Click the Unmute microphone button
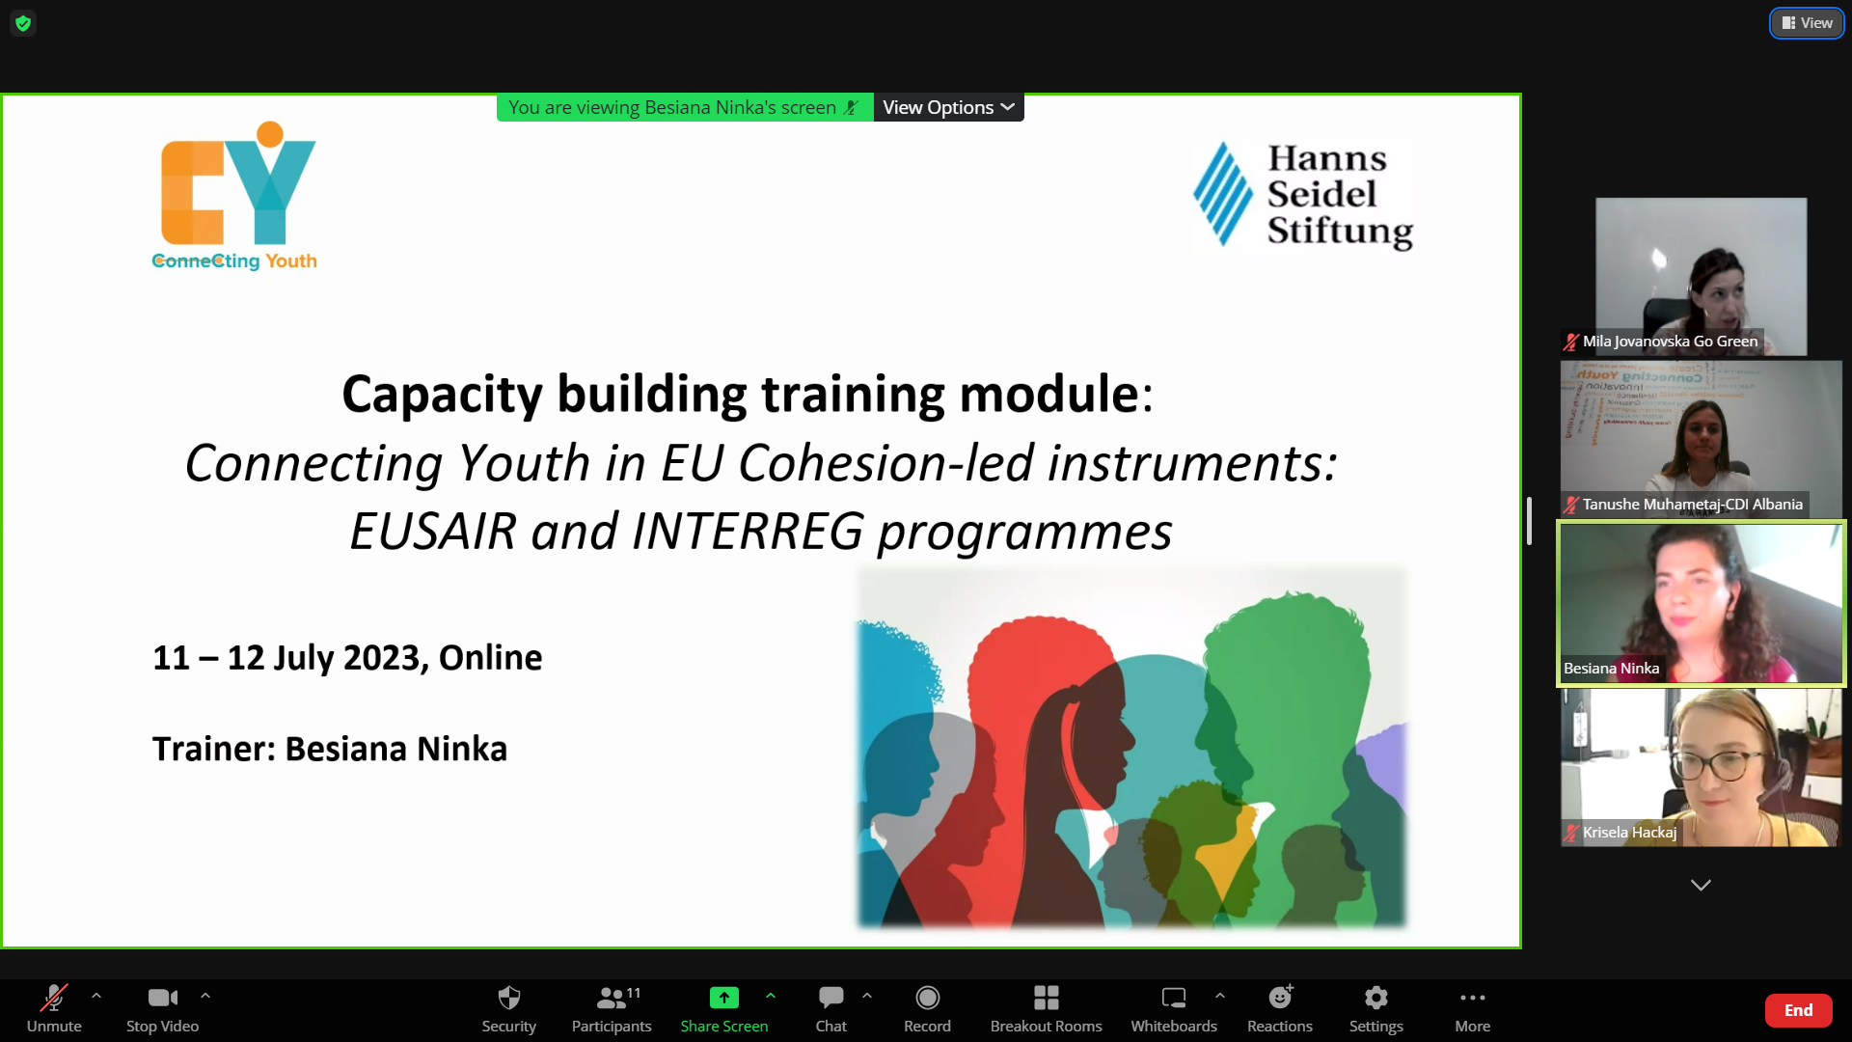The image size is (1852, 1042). [x=54, y=1008]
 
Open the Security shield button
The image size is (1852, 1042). [x=508, y=1008]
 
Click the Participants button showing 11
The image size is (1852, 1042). [x=612, y=1008]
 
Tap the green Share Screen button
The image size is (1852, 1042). [x=724, y=1008]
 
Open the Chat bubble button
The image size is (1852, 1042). [x=831, y=1008]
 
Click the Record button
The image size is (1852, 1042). [x=927, y=1008]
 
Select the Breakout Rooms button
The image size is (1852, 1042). [x=1046, y=1008]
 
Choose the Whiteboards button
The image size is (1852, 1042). [x=1174, y=1008]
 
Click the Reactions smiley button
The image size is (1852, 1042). [x=1280, y=1008]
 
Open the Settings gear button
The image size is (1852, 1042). [x=1376, y=1008]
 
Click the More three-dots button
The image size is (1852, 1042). [x=1473, y=1008]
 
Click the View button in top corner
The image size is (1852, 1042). [x=1807, y=23]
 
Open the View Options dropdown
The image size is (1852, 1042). [x=948, y=107]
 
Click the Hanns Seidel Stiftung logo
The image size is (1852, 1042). [x=1303, y=196]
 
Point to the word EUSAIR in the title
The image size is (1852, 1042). [x=433, y=532]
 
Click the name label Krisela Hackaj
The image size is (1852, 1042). [x=1629, y=832]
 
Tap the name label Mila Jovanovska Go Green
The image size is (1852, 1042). [x=1670, y=342]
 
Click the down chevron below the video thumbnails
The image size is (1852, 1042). [x=1701, y=885]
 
